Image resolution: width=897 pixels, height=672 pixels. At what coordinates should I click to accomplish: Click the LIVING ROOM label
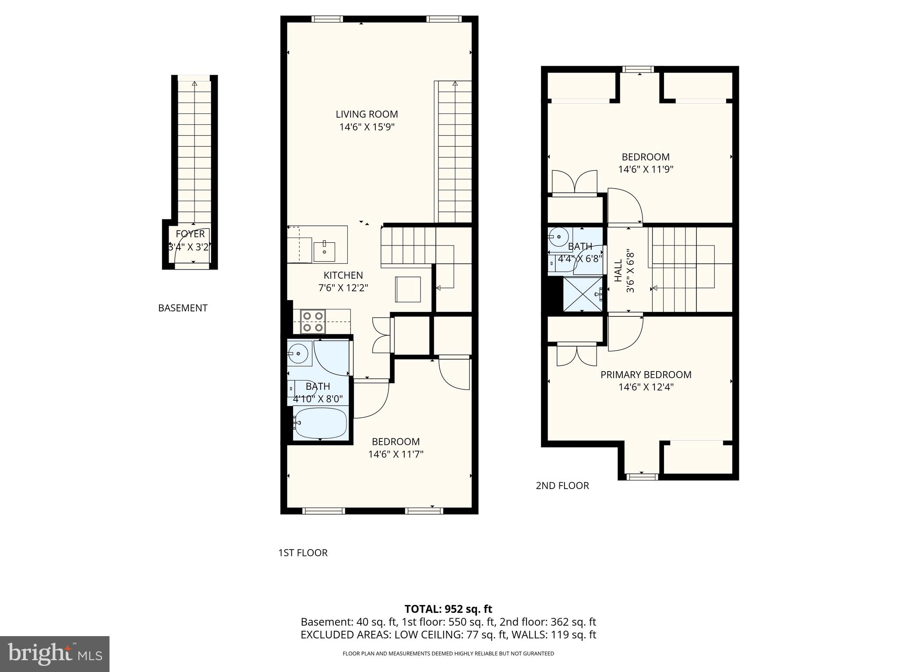pyautogui.click(x=367, y=114)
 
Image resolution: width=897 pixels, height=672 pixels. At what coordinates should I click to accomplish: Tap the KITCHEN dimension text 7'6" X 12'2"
pyautogui.click(x=343, y=288)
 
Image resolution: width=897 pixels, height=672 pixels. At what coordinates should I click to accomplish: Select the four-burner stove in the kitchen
pyautogui.click(x=313, y=322)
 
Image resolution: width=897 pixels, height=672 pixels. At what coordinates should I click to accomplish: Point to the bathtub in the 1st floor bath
pyautogui.click(x=320, y=423)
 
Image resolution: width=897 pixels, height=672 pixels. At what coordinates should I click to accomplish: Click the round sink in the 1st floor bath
pyautogui.click(x=299, y=353)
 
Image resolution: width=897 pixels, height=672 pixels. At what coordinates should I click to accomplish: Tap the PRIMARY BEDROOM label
pyautogui.click(x=646, y=374)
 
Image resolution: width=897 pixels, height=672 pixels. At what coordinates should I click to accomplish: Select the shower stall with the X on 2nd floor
pyautogui.click(x=582, y=294)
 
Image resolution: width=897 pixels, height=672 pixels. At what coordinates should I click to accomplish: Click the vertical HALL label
pyautogui.click(x=618, y=271)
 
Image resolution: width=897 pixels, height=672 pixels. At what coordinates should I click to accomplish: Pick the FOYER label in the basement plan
pyautogui.click(x=190, y=234)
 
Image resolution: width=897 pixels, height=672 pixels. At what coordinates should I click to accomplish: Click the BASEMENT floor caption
pyautogui.click(x=183, y=308)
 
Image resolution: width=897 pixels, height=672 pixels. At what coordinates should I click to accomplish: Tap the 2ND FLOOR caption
pyautogui.click(x=562, y=486)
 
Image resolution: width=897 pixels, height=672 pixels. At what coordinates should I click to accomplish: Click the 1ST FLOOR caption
pyautogui.click(x=303, y=553)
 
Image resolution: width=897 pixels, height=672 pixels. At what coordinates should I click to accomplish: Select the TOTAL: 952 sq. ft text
pyautogui.click(x=448, y=609)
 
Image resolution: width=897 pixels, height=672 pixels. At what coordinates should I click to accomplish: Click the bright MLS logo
pyautogui.click(x=54, y=654)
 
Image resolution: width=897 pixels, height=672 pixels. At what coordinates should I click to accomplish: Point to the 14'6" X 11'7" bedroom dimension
pyautogui.click(x=396, y=454)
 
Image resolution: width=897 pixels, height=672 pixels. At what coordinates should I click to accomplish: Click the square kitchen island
pyautogui.click(x=408, y=289)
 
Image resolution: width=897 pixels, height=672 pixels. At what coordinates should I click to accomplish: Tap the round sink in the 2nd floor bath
pyautogui.click(x=558, y=238)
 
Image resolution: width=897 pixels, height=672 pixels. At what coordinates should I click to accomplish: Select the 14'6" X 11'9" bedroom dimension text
pyautogui.click(x=646, y=169)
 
